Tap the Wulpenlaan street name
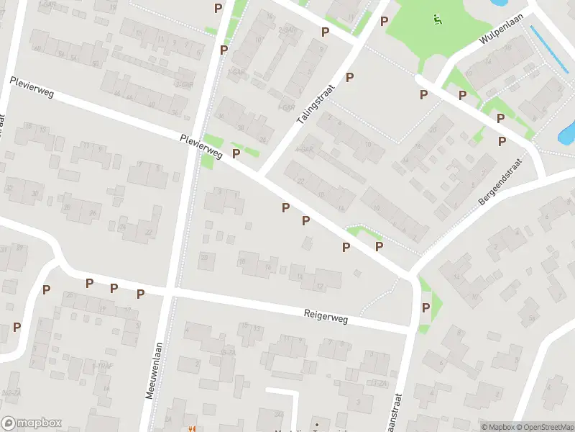(497, 38)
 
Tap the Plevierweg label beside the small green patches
(201, 145)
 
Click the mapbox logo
(32, 423)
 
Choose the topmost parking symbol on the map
(218, 8)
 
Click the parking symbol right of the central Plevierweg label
(236, 153)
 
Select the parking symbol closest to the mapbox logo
(17, 327)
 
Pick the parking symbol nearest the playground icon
(385, 22)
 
